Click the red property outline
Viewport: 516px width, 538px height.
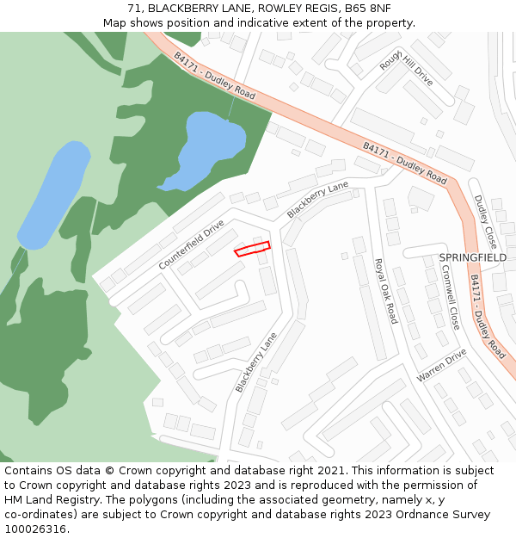(253, 249)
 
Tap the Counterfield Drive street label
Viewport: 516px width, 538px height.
(191, 244)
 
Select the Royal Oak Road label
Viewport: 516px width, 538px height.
(385, 290)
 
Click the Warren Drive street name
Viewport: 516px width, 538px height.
(441, 366)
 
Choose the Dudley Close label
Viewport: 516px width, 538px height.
(485, 222)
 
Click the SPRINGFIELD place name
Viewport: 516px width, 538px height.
(472, 257)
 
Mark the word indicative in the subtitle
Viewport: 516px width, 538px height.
(251, 22)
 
